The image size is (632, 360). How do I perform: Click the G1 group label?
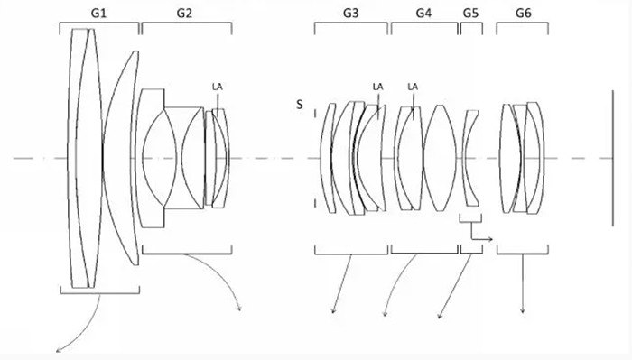click(98, 14)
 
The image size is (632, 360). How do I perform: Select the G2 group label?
click(184, 14)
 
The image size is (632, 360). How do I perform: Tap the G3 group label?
click(350, 14)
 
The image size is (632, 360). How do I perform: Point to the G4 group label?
click(423, 14)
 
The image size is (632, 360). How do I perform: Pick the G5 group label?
click(470, 14)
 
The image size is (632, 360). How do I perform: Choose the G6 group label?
click(523, 14)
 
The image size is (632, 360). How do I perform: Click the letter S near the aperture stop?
click(300, 105)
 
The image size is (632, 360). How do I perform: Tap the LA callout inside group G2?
click(218, 87)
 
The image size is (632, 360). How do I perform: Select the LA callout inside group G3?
click(377, 87)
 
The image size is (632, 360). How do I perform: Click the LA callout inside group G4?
click(413, 87)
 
